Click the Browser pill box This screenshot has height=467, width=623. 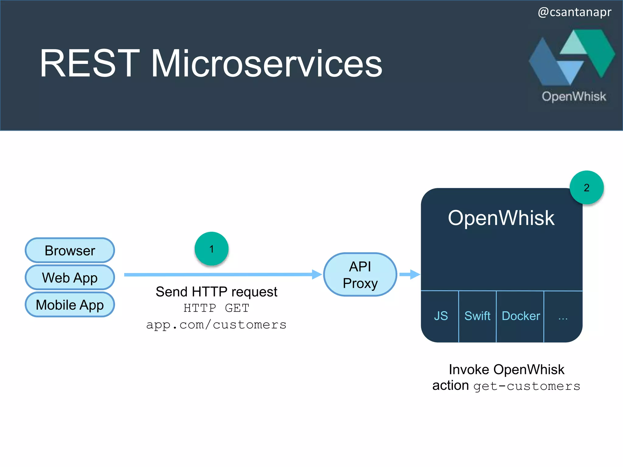[70, 251]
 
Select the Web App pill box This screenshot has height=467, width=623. [70, 278]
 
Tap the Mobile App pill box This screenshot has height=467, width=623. [70, 305]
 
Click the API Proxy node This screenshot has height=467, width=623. [360, 275]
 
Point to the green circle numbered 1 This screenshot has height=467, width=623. [211, 249]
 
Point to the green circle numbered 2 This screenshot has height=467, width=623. [586, 188]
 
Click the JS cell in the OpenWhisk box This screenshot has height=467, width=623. [440, 316]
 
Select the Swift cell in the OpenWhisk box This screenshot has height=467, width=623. [477, 316]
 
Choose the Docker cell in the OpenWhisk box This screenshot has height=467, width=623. [520, 316]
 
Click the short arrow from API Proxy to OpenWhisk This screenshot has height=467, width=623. [409, 274]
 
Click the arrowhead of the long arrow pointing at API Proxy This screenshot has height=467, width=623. [317, 274]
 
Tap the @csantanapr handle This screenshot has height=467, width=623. [574, 12]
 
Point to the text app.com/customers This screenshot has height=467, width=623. [216, 325]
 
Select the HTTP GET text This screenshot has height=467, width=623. [216, 308]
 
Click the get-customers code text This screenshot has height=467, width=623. [527, 386]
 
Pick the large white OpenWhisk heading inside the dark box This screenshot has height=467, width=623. [501, 218]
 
